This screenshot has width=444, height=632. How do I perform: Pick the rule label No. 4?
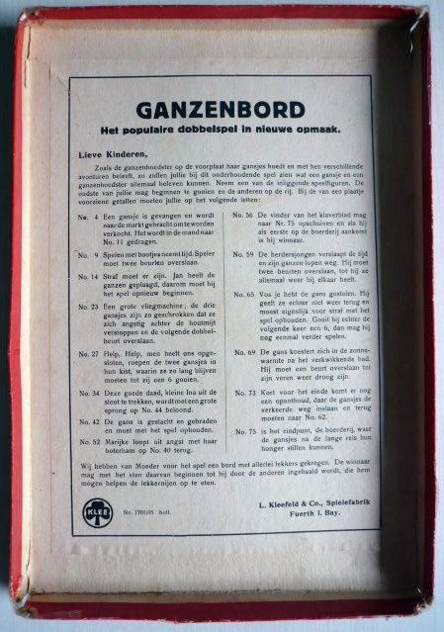(x=89, y=215)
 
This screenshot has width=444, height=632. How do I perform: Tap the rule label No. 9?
(x=89, y=254)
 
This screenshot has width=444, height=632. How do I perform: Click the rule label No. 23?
(x=89, y=308)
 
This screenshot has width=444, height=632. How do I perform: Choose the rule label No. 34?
(x=89, y=392)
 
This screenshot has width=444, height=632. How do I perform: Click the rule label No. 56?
(x=243, y=215)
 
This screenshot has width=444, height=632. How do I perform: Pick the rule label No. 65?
(x=243, y=294)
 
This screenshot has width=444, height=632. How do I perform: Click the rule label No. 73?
(x=243, y=392)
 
